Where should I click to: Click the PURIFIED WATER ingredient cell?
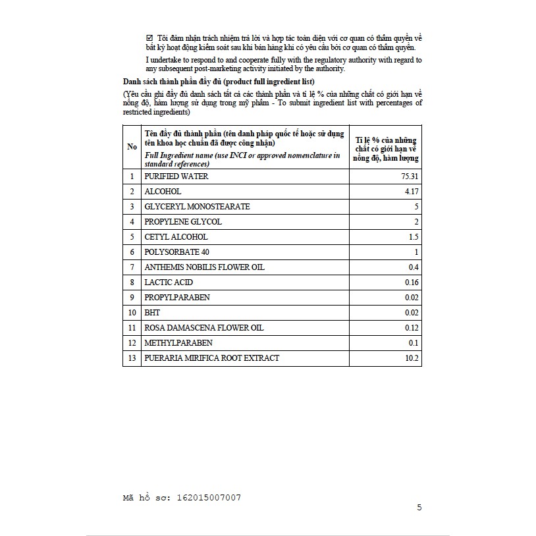[x=177, y=176]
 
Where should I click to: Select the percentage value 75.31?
[x=409, y=176]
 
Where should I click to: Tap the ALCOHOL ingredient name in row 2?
[x=163, y=192]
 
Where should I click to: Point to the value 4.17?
[x=412, y=192]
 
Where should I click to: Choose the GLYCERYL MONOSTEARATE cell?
[x=197, y=207]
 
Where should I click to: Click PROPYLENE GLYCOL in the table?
[x=183, y=222]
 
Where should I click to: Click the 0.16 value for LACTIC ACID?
[x=412, y=282]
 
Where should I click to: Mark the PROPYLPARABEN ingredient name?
[x=177, y=298]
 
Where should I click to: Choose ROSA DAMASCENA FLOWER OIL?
[x=203, y=328]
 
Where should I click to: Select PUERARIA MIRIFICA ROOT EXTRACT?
[x=212, y=358]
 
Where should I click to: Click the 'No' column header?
[x=132, y=147]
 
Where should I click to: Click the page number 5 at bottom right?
[x=419, y=508]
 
